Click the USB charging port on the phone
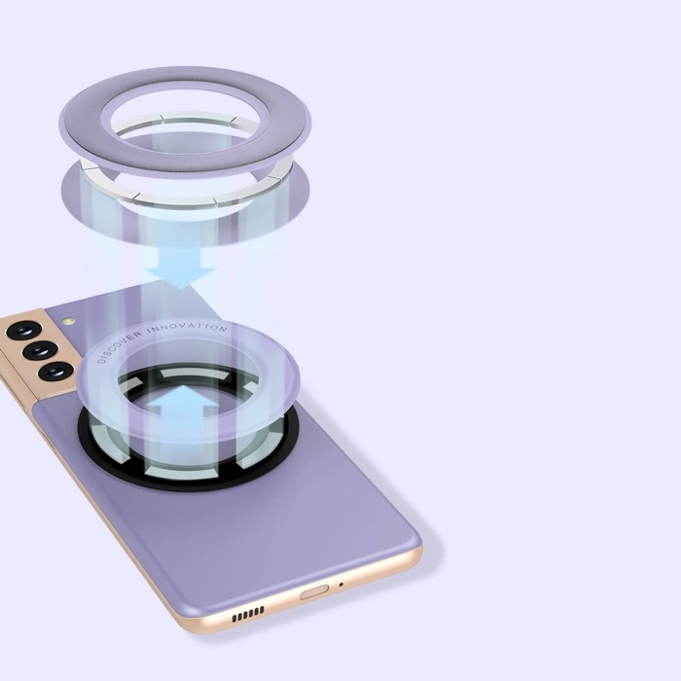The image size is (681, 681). tap(314, 591)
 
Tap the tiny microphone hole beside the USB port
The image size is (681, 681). tap(341, 583)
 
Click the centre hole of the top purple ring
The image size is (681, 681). tap(185, 122)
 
